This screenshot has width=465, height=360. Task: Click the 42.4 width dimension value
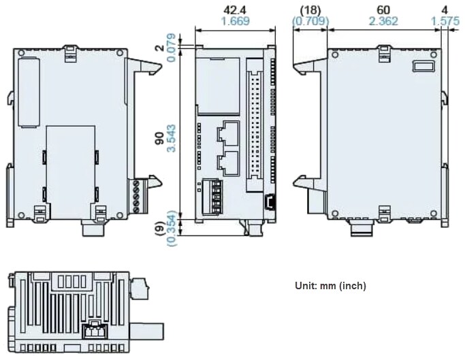point(235,10)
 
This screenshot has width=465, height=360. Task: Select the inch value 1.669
point(235,21)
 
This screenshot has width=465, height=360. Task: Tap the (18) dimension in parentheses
point(310,10)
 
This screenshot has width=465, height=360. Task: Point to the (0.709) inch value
point(310,21)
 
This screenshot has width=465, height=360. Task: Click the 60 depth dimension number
point(383,10)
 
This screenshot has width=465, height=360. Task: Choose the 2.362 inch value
point(383,21)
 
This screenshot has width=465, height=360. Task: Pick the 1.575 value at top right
point(445,21)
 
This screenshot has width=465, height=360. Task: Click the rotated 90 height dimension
point(159,137)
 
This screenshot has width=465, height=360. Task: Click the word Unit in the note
point(306,286)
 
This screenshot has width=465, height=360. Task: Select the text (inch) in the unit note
point(352,286)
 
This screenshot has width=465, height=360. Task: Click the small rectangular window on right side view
point(423,66)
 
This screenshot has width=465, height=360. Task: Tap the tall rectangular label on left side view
point(29,93)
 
